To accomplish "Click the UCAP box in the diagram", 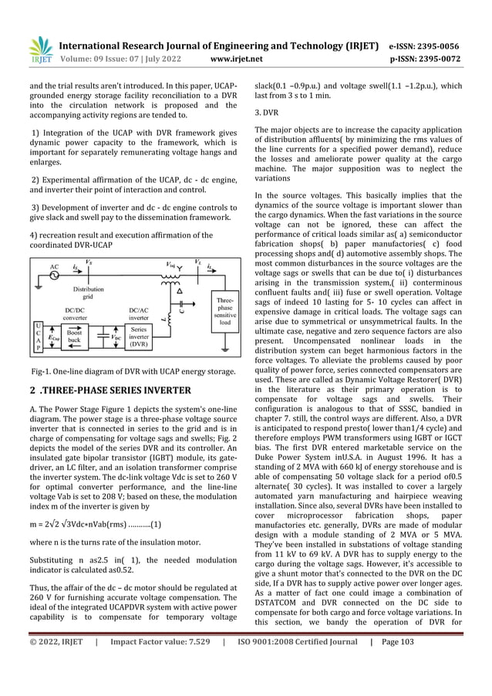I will click(38, 336).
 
